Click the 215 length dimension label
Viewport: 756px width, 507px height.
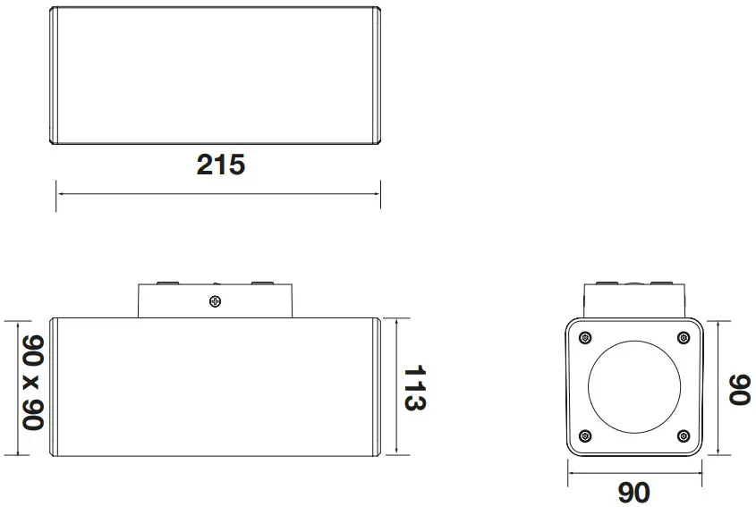220,165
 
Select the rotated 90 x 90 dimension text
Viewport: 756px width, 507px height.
33,383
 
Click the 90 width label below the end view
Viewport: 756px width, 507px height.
633,491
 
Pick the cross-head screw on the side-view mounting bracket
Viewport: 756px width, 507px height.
214,300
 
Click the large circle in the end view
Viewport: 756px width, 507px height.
633,386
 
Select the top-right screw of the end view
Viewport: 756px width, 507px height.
684,337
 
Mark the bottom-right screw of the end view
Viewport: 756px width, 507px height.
684,436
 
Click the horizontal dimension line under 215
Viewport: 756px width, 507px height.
218,192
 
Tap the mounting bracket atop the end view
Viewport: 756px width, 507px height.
633,297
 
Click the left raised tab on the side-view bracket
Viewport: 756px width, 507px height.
166,283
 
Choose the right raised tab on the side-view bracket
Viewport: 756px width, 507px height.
261,283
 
